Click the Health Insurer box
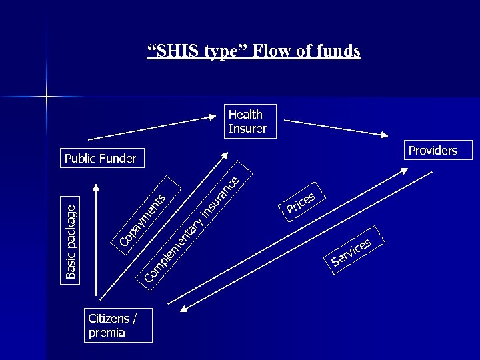pos(247,121)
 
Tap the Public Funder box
pos(100,158)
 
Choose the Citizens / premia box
pos(118,325)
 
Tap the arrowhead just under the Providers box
pos(408,170)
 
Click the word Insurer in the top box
pos(247,129)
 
